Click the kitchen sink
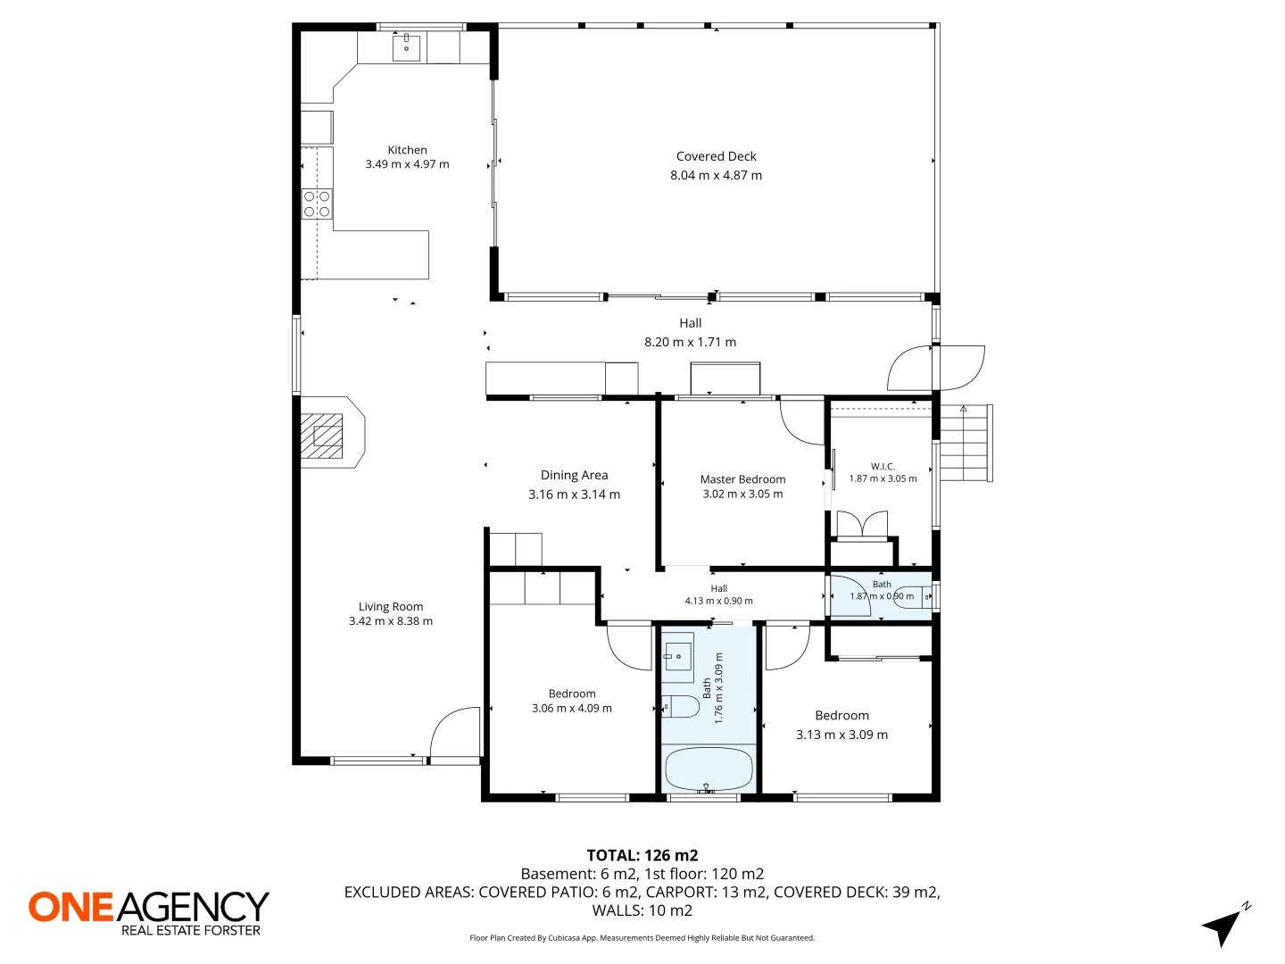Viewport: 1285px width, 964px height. [406, 46]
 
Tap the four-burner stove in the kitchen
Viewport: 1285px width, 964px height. [317, 204]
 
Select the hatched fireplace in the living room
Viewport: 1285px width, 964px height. [321, 436]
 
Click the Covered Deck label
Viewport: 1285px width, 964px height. [716, 156]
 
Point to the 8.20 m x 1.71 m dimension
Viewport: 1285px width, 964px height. [690, 342]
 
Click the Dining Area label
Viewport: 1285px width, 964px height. [574, 475]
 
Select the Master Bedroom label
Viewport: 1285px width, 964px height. [742, 478]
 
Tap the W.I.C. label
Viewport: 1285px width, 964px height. [883, 467]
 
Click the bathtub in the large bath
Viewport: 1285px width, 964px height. [709, 769]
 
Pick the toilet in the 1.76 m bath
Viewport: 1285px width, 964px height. [681, 706]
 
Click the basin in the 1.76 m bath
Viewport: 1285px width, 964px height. [678, 657]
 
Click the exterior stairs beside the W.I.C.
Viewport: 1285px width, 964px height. [966, 443]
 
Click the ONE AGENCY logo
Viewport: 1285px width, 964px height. [149, 913]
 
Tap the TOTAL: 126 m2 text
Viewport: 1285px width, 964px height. [642, 855]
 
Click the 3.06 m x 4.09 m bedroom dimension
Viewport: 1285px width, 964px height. [571, 708]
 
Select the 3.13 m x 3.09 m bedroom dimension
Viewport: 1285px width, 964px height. [841, 735]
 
